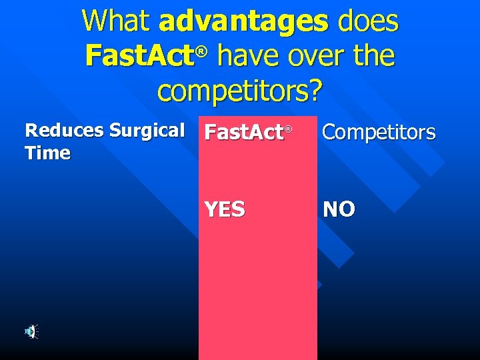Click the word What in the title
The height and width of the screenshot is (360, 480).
coord(116,21)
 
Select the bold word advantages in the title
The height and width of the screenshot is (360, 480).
coord(243,21)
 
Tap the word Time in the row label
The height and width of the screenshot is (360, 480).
coord(47,153)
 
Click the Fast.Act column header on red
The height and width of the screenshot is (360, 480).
coord(244,133)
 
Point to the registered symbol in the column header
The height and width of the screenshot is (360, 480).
coord(289,128)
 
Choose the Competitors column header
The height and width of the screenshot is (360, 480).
coord(379,133)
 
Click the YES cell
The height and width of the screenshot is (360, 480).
coord(225,209)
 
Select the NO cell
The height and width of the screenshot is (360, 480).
coord(339,209)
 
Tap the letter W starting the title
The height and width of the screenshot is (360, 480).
coord(94,21)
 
